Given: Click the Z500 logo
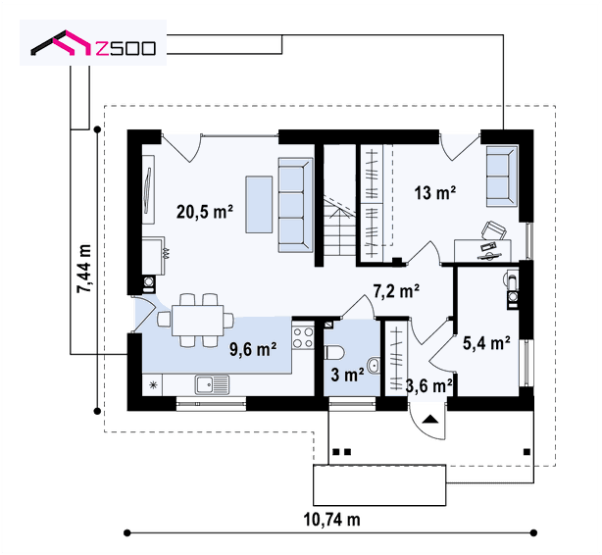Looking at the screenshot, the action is (x=93, y=43).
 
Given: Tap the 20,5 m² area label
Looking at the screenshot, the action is (x=204, y=211).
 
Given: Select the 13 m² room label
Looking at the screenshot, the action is (x=435, y=192).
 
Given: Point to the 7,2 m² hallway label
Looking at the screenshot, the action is (x=396, y=291).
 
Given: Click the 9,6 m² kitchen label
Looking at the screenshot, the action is (x=253, y=349).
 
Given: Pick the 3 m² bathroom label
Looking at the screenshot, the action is (x=347, y=375).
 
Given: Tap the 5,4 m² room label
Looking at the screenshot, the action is (x=486, y=343).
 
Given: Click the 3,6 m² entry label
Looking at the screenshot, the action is (x=428, y=386).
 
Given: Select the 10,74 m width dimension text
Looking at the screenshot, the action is (x=331, y=520).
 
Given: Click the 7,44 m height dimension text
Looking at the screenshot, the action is (x=84, y=269).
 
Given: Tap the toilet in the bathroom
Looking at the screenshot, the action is (x=334, y=353).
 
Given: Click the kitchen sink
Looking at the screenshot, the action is (x=212, y=384).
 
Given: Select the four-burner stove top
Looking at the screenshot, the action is (x=303, y=337).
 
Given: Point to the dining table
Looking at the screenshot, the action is (x=197, y=321).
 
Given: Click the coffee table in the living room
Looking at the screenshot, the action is (x=259, y=204).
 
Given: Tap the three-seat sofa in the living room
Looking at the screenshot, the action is (x=295, y=205).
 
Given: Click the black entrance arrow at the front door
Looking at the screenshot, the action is (x=430, y=419).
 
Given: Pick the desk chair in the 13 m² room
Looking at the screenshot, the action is (x=494, y=230).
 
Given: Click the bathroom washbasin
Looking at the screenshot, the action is (x=374, y=366).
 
